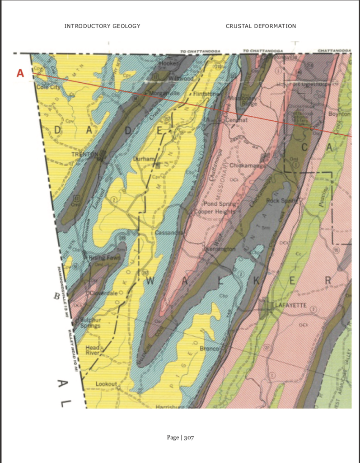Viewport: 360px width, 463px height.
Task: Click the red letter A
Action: pyautogui.click(x=20, y=73)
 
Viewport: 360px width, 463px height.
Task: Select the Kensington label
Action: pyautogui.click(x=220, y=249)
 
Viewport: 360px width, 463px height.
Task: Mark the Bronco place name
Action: pyautogui.click(x=209, y=349)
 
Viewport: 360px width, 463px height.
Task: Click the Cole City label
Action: pyautogui.click(x=48, y=87)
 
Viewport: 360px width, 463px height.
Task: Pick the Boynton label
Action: pyautogui.click(x=339, y=114)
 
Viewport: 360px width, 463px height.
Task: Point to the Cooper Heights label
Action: pyautogui.click(x=215, y=212)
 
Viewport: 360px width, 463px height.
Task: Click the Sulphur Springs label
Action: pyautogui.click(x=90, y=322)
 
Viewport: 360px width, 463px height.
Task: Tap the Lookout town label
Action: pyautogui.click(x=106, y=384)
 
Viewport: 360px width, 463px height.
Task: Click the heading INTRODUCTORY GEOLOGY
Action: pyautogui.click(x=102, y=26)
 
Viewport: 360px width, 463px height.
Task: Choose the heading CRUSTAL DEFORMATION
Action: pyautogui.click(x=261, y=26)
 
